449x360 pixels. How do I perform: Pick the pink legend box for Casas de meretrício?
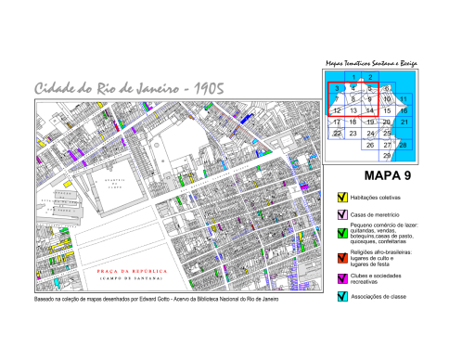pyautogui.click(x=342, y=215)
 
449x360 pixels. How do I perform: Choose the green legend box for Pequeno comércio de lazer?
pyautogui.click(x=342, y=232)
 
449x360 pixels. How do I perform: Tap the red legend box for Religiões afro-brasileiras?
pyautogui.click(x=342, y=255)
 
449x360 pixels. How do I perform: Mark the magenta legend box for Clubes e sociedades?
pyautogui.click(x=342, y=278)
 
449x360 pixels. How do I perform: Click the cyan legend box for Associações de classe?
pyautogui.click(x=342, y=296)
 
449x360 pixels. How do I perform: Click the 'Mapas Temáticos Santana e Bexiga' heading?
pyautogui.click(x=372, y=64)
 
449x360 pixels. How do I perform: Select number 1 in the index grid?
pyautogui.click(x=353, y=76)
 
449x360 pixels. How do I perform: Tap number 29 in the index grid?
pyautogui.click(x=387, y=155)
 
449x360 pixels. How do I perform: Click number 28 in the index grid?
pyautogui.click(x=404, y=144)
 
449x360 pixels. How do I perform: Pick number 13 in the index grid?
pyautogui.click(x=353, y=110)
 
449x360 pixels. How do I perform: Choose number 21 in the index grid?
pyautogui.click(x=404, y=122)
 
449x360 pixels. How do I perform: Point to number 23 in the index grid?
pyautogui.click(x=353, y=133)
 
